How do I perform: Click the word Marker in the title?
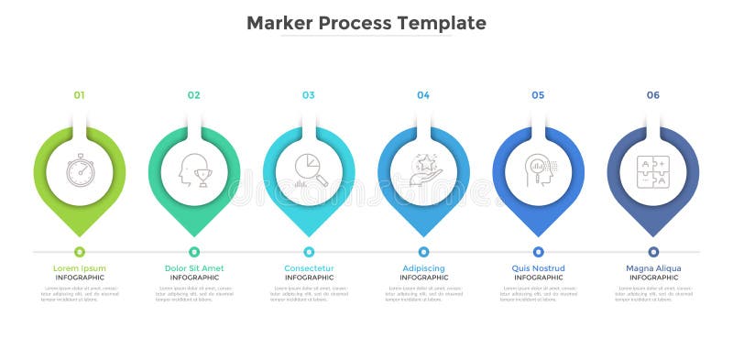pyautogui.click(x=280, y=23)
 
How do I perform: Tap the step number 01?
pyautogui.click(x=80, y=95)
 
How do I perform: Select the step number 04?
pyautogui.click(x=423, y=95)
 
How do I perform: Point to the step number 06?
pyautogui.click(x=653, y=95)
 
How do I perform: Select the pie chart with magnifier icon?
pyautogui.click(x=310, y=170)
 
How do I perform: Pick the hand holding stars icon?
pyautogui.click(x=423, y=170)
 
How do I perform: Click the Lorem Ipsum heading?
pyautogui.click(x=80, y=268)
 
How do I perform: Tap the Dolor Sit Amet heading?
pyautogui.click(x=194, y=268)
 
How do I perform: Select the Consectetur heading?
pyautogui.click(x=309, y=268)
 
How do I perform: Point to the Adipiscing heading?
pyautogui.click(x=423, y=268)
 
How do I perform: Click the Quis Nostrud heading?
pyautogui.click(x=539, y=268)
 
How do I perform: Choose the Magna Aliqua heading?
pyautogui.click(x=653, y=268)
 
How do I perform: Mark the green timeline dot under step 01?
pyautogui.click(x=80, y=251)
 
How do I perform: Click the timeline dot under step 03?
pyautogui.click(x=309, y=251)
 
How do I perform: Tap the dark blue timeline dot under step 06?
pyautogui.click(x=653, y=251)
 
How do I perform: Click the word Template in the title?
pyautogui.click(x=445, y=23)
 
